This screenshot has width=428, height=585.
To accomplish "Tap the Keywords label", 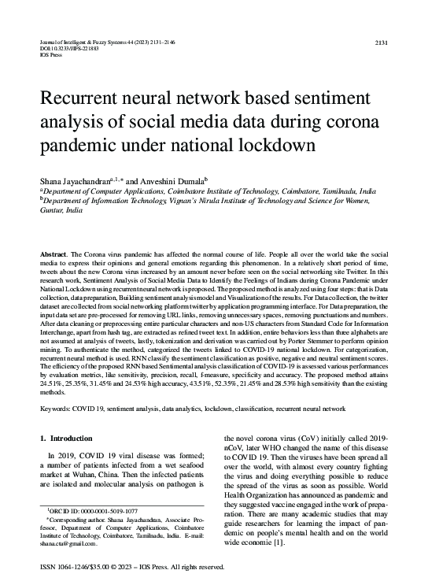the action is click(x=57, y=409).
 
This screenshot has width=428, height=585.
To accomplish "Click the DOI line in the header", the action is click(x=65, y=46).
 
